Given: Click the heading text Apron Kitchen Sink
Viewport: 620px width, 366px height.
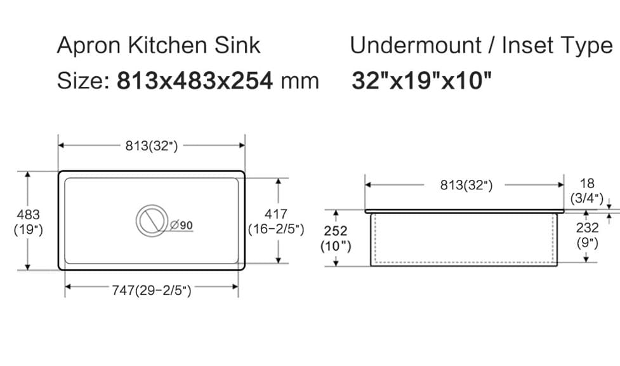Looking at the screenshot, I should tap(159, 46).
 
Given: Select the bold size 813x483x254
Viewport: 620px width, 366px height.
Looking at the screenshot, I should tap(195, 81).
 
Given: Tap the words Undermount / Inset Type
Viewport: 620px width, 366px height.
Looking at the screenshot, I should tap(481, 46).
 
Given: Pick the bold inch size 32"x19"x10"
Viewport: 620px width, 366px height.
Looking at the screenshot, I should tap(421, 81).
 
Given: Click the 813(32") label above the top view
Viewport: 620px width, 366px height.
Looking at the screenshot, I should tap(152, 146).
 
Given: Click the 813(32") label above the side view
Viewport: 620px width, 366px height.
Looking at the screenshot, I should tap(466, 186).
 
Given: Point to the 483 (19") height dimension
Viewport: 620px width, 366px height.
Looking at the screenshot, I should tap(28, 222).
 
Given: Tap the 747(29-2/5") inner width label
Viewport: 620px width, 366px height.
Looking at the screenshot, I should tap(152, 290).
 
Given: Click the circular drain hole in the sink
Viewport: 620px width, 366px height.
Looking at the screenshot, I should tap(152, 220).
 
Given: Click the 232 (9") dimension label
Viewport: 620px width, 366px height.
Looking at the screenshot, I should tap(586, 234).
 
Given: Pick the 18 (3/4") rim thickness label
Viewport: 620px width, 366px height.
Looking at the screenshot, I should tap(586, 191).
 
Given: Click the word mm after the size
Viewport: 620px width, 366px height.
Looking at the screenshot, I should tap(300, 81).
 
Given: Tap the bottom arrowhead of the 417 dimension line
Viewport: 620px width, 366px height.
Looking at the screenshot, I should tap(277, 260).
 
